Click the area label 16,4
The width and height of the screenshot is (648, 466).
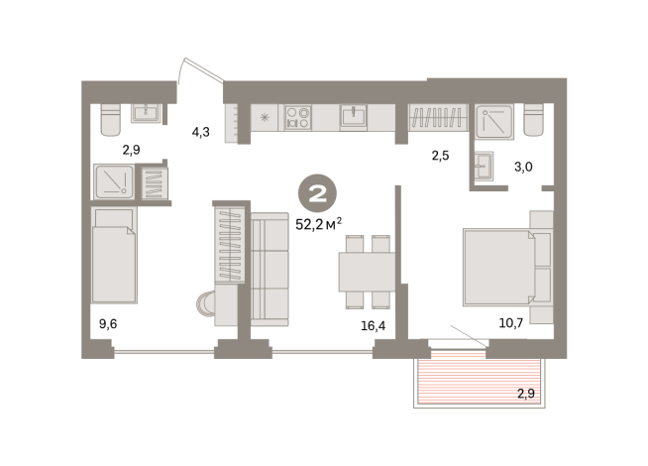(x=373, y=326)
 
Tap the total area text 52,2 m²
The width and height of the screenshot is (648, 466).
(x=318, y=224)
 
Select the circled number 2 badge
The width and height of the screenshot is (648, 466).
(x=317, y=193)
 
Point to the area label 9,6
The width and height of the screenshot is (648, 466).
(x=108, y=324)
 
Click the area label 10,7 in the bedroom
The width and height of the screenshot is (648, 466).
(x=511, y=323)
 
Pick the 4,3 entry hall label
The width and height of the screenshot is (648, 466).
(x=200, y=132)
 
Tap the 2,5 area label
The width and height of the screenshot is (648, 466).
(x=440, y=156)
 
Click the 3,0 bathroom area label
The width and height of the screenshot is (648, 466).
(x=523, y=167)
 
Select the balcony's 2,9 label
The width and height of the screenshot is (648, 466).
(x=526, y=394)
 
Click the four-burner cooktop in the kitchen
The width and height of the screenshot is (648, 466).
(x=298, y=117)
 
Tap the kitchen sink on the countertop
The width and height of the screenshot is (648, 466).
(x=354, y=116)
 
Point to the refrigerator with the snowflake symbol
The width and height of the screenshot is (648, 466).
(x=265, y=117)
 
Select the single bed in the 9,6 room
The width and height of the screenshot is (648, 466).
(x=114, y=255)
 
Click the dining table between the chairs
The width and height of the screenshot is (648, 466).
(x=367, y=272)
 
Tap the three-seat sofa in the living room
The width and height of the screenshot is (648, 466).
(x=270, y=269)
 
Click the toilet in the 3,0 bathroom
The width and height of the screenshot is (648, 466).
(x=533, y=120)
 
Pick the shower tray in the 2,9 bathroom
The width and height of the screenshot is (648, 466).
(x=114, y=181)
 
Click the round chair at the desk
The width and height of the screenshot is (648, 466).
(x=205, y=304)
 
